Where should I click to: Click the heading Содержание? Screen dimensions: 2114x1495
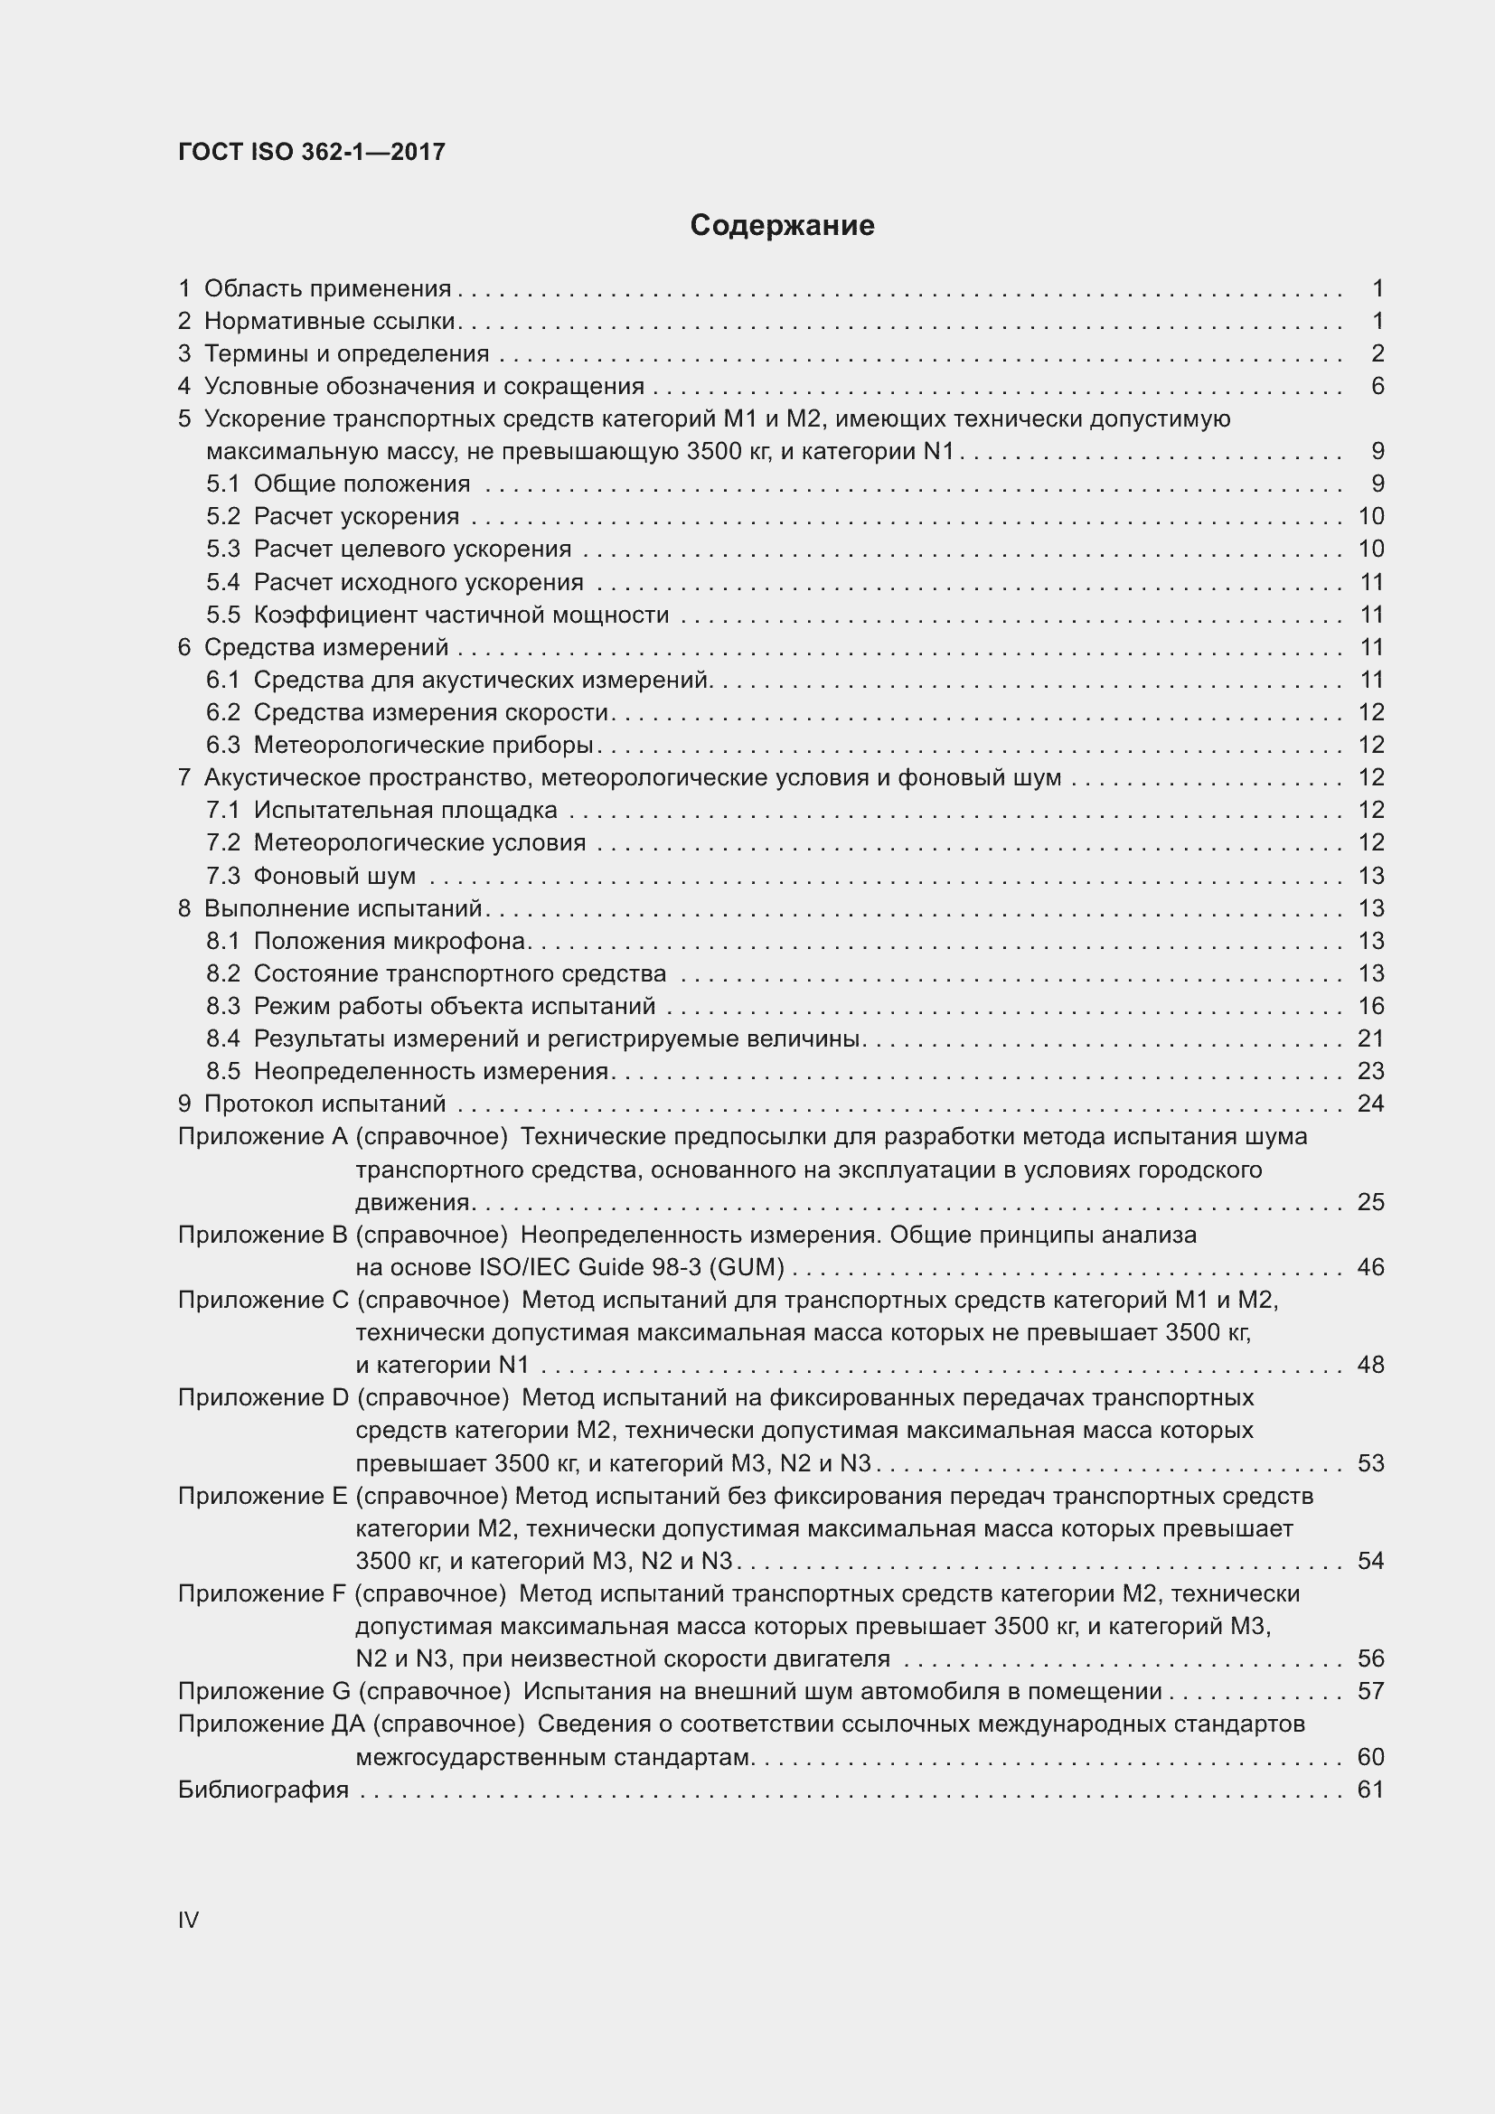pos(782,226)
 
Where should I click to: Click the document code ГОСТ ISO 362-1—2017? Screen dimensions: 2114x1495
pos(311,153)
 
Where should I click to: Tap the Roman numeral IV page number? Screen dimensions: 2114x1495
pos(188,1920)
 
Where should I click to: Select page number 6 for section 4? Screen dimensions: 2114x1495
pos(1377,386)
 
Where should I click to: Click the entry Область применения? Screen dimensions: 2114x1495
pos(327,289)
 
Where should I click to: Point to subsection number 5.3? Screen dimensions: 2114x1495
pos(222,550)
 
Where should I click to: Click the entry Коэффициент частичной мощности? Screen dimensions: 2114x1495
pos(460,615)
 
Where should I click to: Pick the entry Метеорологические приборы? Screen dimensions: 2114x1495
pos(423,745)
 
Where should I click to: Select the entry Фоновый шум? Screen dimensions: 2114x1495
pos(334,876)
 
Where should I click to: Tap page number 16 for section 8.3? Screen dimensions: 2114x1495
pos(1371,1006)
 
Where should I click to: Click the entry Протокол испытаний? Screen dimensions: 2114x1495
pos(324,1104)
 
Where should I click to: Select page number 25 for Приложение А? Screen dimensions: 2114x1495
pos(1371,1202)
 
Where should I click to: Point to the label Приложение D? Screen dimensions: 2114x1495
pos(263,1397)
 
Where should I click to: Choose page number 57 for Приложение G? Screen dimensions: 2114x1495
pos(1371,1691)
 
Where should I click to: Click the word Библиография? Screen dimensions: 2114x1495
pos(263,1790)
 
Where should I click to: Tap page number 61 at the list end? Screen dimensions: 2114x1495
pos(1371,1790)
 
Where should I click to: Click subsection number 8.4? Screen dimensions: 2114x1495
pos(222,1039)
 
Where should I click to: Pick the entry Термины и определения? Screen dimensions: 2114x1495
pos(346,354)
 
